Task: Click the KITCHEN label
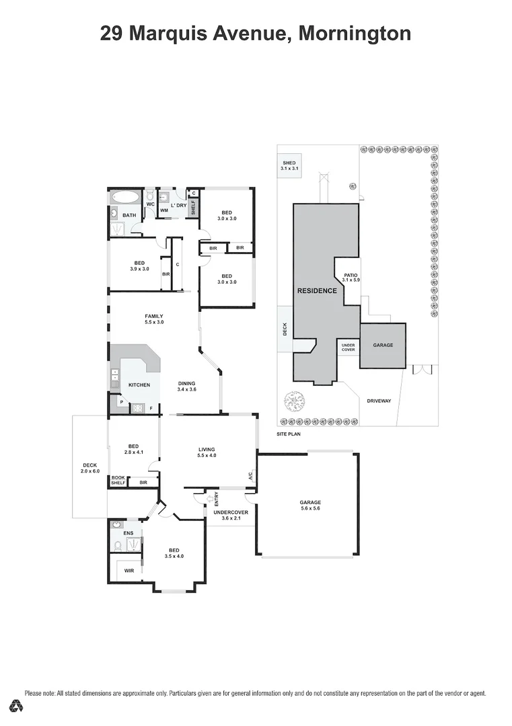(139, 385)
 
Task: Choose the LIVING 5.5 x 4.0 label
(207, 452)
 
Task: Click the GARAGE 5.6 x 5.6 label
(310, 506)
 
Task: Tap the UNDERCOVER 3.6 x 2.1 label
(231, 515)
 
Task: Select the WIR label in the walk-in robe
(129, 571)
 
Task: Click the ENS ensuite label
(128, 533)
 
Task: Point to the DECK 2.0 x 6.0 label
(90, 468)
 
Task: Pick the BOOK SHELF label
(118, 480)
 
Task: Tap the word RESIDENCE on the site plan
(316, 291)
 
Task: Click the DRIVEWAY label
(379, 401)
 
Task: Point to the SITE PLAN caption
(289, 435)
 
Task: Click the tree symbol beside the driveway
(295, 403)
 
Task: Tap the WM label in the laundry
(163, 210)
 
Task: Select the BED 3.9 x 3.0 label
(140, 266)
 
